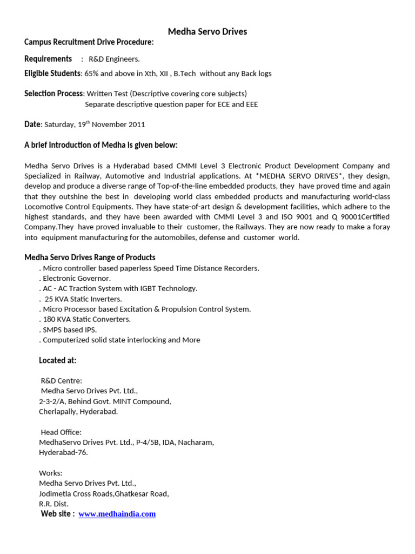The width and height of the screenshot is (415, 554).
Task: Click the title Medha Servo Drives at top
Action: [207, 31]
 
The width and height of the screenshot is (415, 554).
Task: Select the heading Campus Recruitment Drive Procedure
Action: [89, 42]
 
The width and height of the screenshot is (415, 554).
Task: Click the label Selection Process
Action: [53, 94]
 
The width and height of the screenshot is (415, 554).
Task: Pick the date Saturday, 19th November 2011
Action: [95, 124]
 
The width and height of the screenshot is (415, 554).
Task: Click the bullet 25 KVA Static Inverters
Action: [82, 299]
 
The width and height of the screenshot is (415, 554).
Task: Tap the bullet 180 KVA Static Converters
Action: [85, 319]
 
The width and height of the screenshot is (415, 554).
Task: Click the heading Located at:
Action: [58, 360]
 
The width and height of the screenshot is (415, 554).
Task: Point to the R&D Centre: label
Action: [62, 381]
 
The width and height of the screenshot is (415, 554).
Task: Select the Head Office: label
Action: [62, 432]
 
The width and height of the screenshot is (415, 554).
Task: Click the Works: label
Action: [51, 473]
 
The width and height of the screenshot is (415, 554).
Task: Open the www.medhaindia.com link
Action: [117, 514]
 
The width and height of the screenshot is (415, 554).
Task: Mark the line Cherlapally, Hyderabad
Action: [78, 411]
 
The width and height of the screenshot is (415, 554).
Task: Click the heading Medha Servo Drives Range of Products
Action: [90, 258]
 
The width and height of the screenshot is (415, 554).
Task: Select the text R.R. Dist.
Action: [53, 504]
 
